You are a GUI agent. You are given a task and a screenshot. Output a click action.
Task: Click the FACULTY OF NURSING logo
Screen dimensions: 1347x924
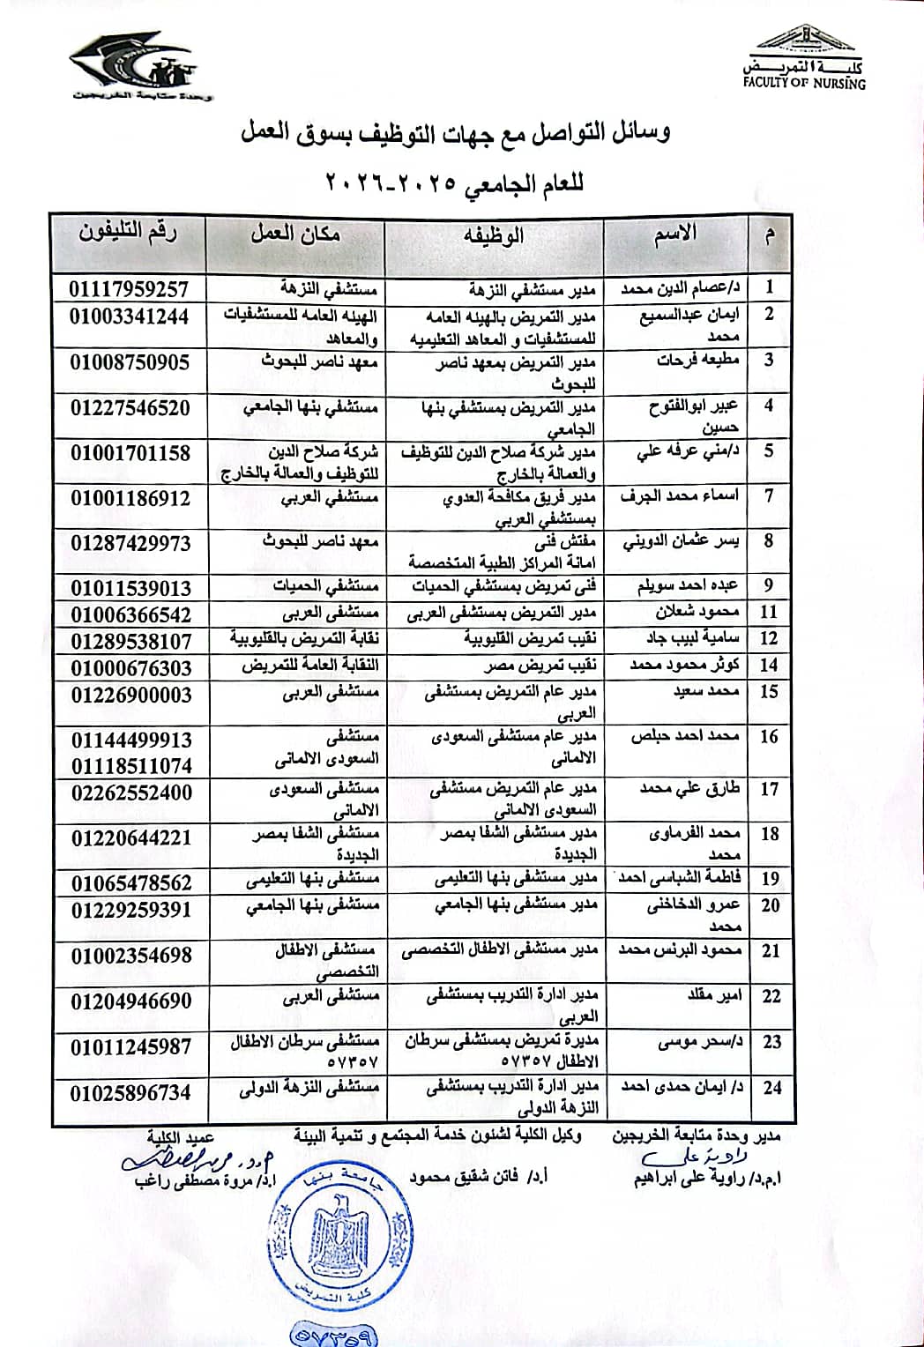(x=804, y=58)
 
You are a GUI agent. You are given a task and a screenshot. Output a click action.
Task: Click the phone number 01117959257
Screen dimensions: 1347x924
(x=130, y=289)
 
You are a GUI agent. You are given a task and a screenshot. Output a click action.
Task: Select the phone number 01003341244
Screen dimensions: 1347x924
(x=130, y=316)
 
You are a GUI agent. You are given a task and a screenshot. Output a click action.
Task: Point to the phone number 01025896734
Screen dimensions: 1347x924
(x=130, y=1092)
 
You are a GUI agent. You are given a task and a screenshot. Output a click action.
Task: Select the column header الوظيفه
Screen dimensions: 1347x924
(x=494, y=234)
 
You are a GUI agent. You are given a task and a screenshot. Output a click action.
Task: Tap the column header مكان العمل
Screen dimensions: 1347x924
(x=295, y=234)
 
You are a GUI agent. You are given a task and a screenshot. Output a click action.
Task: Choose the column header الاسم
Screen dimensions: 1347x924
(x=675, y=234)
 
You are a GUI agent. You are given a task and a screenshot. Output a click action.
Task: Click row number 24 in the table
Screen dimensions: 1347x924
(x=772, y=1087)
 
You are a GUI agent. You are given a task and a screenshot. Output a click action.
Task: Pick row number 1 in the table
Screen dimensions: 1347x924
(x=770, y=287)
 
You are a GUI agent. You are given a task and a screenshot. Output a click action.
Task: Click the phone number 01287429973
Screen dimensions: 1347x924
(x=130, y=543)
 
